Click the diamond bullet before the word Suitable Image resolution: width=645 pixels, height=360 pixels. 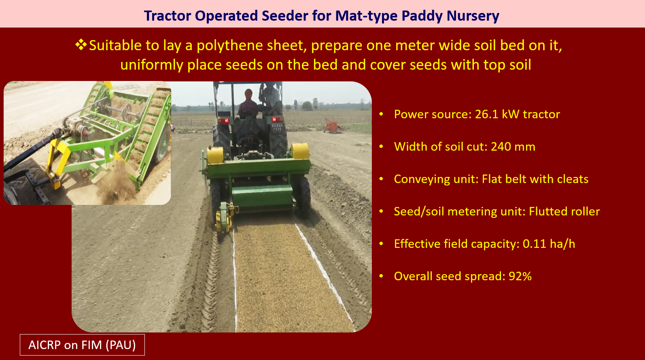coord(81,45)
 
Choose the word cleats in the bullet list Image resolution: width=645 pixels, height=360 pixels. coord(573,179)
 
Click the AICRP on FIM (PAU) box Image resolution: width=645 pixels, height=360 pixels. coord(82,345)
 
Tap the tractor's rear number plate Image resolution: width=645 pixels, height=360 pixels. coord(277,128)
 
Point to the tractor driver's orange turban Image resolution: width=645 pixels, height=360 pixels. coord(248,93)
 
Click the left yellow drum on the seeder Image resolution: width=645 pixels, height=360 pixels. coord(215,155)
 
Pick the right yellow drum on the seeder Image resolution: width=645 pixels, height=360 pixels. coord(300,151)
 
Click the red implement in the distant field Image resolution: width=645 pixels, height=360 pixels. coord(332,126)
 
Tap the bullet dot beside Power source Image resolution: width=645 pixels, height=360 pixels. coord(381,114)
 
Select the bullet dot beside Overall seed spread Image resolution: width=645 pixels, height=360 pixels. coord(381,276)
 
